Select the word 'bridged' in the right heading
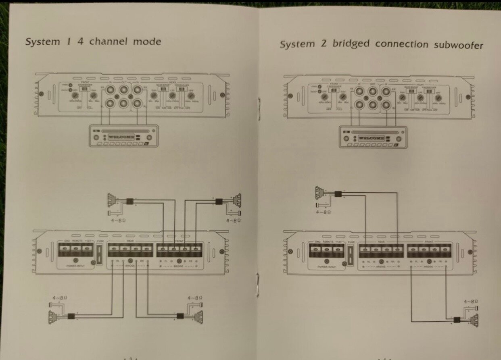pos(351,44)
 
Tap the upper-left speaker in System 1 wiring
pos(113,200)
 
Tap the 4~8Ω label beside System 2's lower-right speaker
pos(470,301)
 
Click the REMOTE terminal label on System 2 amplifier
pos(327,241)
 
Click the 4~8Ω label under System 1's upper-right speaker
pos(234,221)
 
